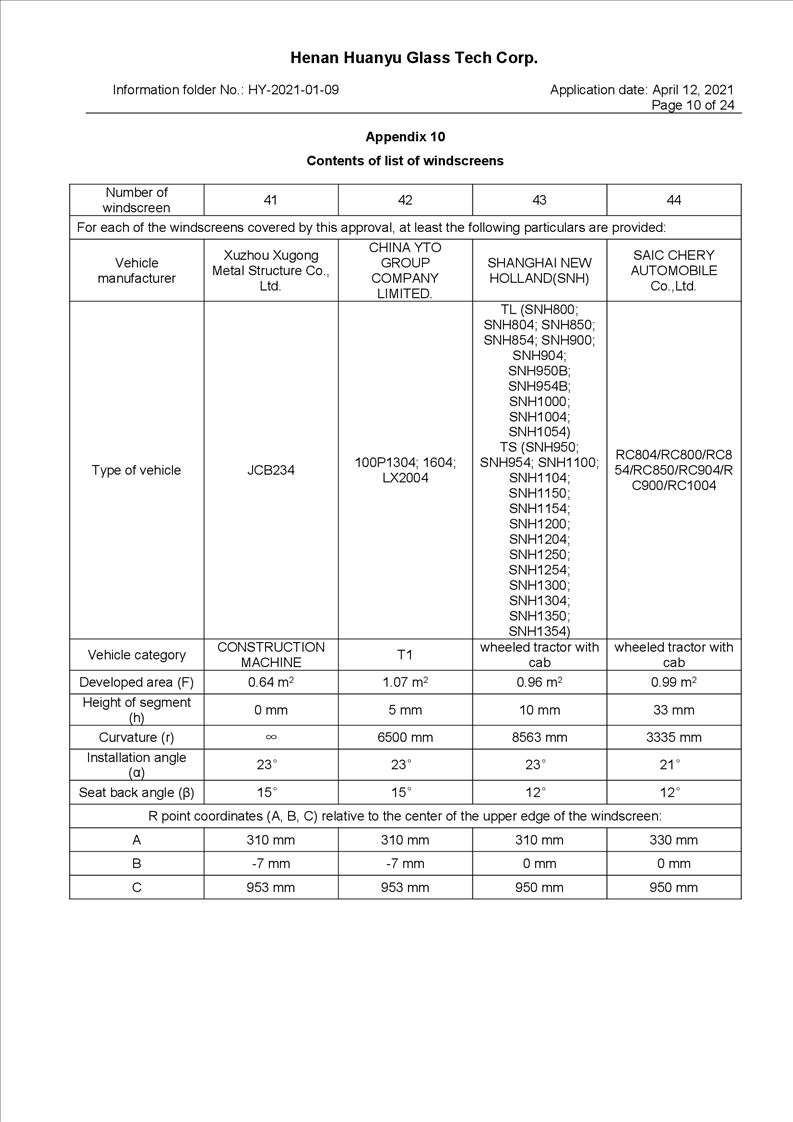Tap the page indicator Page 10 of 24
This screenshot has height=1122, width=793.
click(x=693, y=105)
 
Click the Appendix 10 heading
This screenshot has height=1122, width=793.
click(x=405, y=136)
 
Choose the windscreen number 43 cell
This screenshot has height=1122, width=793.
click(x=539, y=200)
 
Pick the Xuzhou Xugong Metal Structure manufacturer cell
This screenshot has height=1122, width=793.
click(x=270, y=271)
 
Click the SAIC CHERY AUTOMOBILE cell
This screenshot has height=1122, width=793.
click(x=673, y=271)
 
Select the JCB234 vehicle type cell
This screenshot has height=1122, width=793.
click(x=270, y=470)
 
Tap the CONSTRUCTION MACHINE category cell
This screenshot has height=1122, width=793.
click(x=270, y=655)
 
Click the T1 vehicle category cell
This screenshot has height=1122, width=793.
click(x=405, y=655)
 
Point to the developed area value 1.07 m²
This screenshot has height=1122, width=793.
click(x=405, y=682)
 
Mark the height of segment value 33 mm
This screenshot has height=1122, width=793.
click(x=673, y=710)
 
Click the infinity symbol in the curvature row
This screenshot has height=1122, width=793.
click(x=270, y=738)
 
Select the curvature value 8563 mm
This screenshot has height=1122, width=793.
click(x=539, y=738)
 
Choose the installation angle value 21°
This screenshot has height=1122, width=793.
click(x=673, y=765)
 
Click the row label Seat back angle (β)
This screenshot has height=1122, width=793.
click(x=136, y=793)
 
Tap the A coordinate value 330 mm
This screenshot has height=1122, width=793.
click(x=673, y=840)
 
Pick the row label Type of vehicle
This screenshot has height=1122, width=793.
click(x=136, y=470)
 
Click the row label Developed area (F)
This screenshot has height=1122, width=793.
click(x=136, y=682)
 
